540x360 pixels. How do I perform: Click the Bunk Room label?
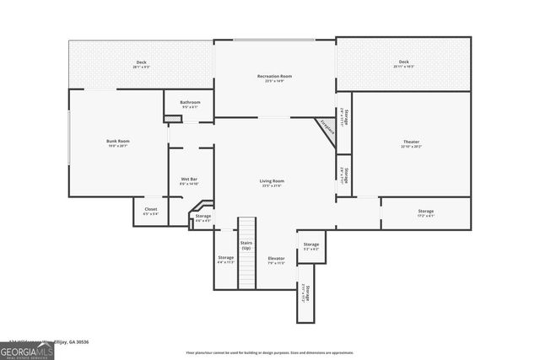[117, 141]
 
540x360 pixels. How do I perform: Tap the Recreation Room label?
[274, 77]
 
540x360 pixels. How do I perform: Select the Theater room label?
[410, 142]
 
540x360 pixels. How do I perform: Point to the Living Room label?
[271, 180]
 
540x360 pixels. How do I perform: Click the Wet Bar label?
[189, 180]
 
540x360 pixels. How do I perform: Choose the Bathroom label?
[189, 102]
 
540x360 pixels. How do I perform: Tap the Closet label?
[150, 209]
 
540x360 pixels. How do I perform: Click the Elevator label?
[276, 258]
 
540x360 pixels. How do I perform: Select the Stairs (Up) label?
[246, 245]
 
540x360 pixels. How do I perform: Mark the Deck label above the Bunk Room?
[142, 62]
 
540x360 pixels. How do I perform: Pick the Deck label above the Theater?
[403, 62]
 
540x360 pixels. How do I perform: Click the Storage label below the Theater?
[425, 211]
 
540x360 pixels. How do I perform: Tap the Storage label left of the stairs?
[225, 257]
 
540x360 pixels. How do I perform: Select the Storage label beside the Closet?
[202, 217]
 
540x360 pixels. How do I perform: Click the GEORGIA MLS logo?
[27, 350]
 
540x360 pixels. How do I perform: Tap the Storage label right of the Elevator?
[311, 244]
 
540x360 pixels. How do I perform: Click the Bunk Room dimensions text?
[117, 146]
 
